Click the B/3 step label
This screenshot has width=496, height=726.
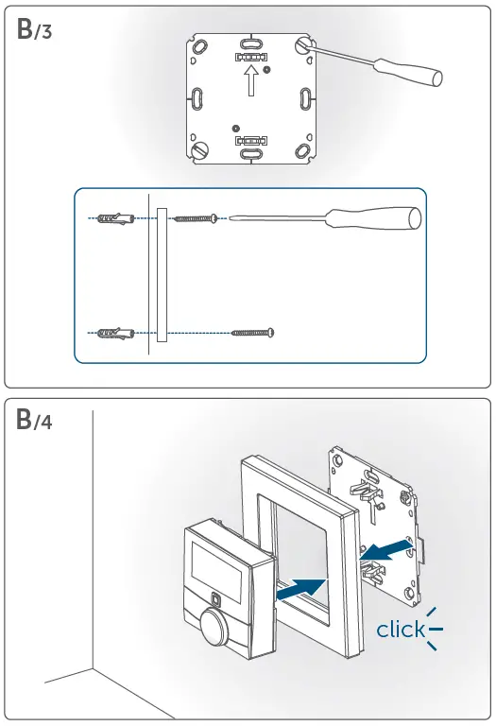[36, 30]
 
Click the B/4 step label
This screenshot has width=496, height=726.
[36, 422]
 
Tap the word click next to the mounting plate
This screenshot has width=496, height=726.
[401, 630]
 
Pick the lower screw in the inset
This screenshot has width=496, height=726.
[252, 332]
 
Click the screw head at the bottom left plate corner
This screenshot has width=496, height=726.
[200, 149]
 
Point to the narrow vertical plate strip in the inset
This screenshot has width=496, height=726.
[162, 275]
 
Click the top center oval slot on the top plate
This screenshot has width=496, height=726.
[250, 43]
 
